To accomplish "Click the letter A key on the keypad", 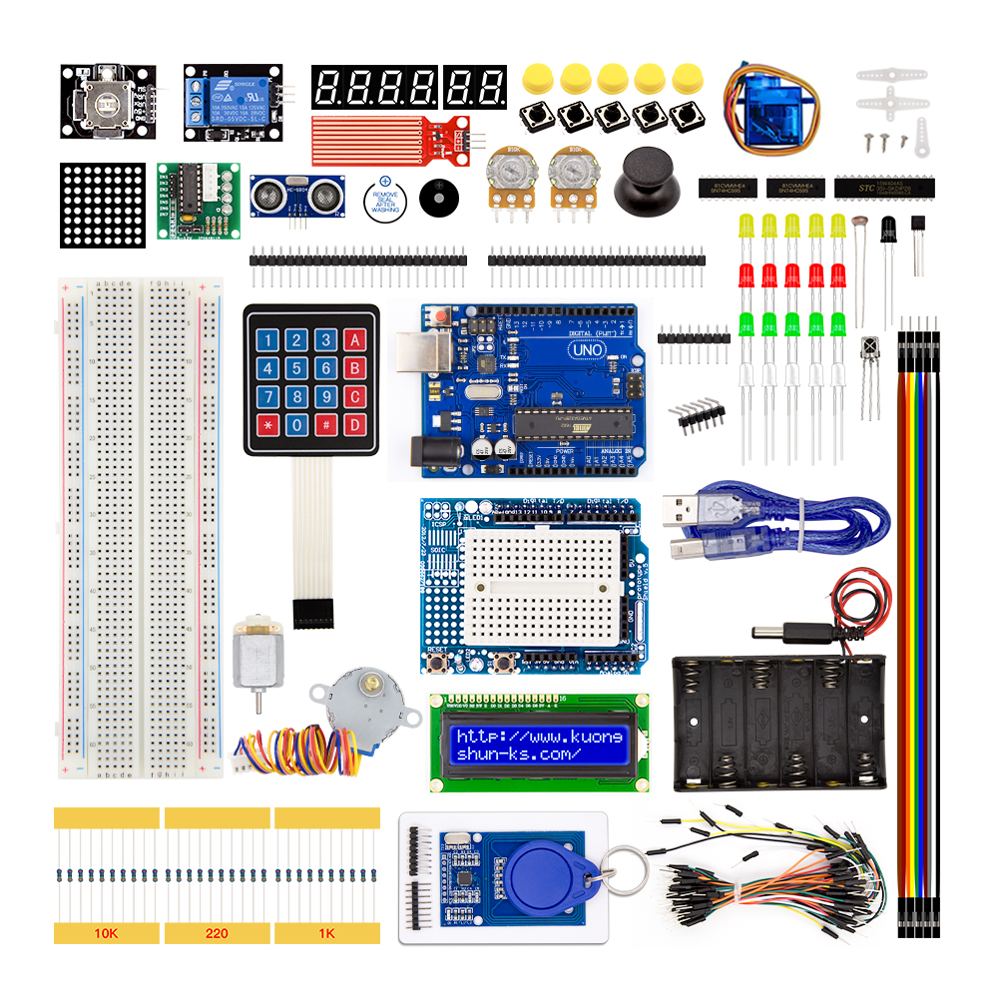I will click(353, 340).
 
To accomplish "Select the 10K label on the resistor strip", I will click(106, 934).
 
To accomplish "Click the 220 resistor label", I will click(217, 934).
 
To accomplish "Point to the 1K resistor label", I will click(327, 934).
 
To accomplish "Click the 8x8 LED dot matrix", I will click(102, 205).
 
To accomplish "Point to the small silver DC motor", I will click(258, 654).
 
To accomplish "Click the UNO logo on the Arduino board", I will click(585, 350).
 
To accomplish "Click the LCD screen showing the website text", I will click(539, 745).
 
